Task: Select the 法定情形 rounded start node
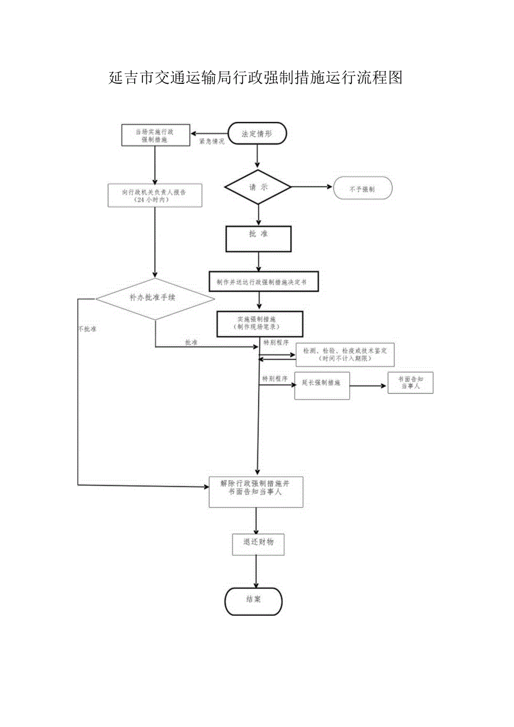257,134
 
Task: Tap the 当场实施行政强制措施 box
155,136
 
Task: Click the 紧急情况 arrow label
212,142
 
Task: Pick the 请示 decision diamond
258,188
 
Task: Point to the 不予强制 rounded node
363,189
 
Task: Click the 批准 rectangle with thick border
258,239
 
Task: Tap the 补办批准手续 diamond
155,298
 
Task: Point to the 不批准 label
87,329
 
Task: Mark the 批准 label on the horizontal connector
191,342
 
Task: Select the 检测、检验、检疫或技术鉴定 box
345,354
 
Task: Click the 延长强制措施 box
322,386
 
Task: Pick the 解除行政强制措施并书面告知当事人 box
256,492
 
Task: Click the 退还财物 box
258,544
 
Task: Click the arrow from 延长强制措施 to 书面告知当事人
369,386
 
